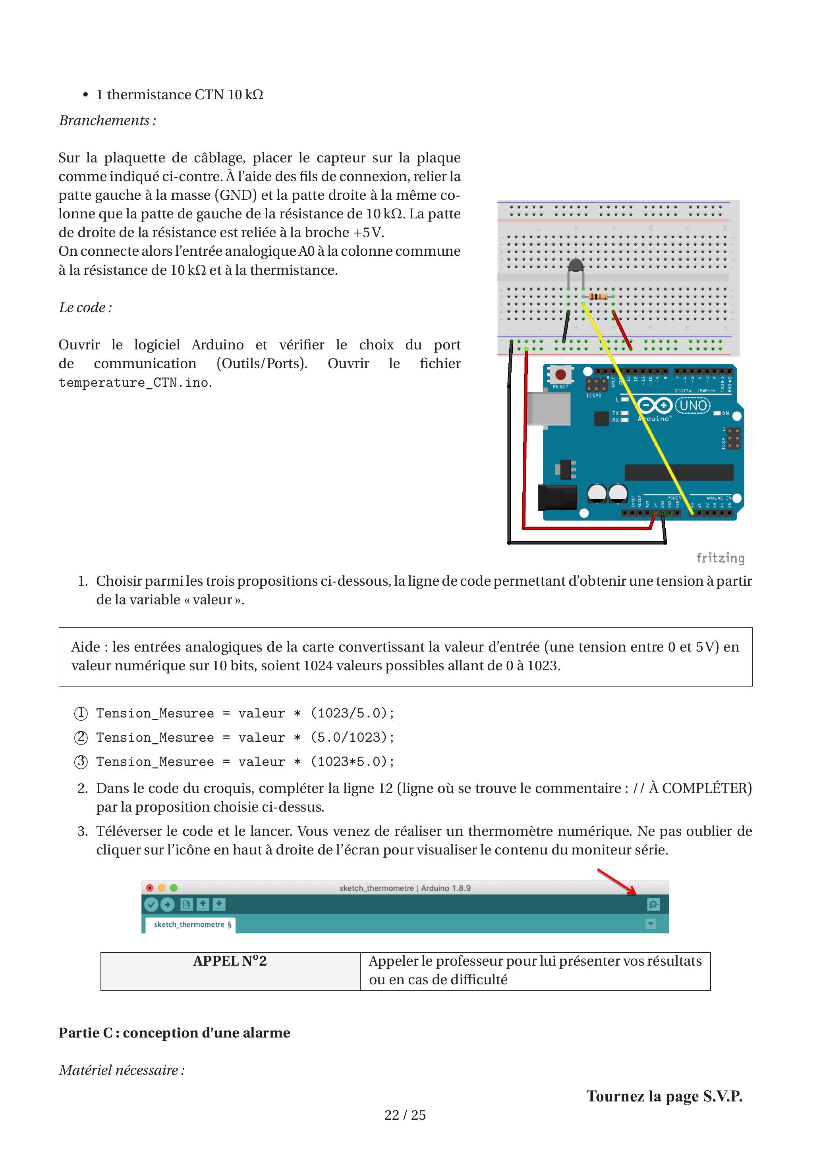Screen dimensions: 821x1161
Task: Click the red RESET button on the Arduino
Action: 560,375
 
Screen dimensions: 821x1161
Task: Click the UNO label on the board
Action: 693,405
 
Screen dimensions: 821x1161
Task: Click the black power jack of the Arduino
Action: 557,497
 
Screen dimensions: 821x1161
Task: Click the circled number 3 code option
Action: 81,762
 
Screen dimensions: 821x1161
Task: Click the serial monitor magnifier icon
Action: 653,904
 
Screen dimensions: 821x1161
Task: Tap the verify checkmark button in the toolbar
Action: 151,904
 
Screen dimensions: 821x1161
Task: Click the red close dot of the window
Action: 150,887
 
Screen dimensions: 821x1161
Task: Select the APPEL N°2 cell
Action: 230,971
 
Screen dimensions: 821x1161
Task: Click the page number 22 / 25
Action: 405,1115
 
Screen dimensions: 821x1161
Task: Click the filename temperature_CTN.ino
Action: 134,383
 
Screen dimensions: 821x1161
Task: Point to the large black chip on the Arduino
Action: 679,472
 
